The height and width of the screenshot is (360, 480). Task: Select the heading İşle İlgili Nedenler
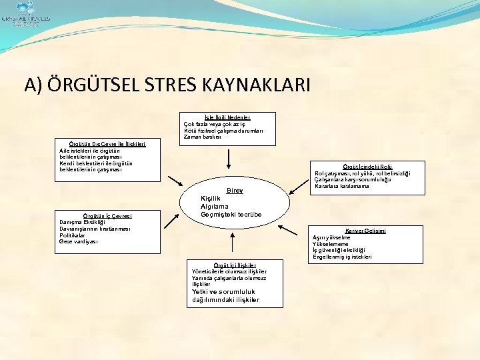coord(227,117)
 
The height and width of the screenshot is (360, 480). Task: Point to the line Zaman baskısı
coord(205,137)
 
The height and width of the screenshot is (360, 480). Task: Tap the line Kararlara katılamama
coord(341,186)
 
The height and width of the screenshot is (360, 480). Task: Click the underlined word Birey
coord(235,191)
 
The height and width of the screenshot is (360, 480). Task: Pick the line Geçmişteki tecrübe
coord(231,215)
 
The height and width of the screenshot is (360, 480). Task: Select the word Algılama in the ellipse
coord(216,207)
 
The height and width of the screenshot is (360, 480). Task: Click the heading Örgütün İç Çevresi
coord(107,215)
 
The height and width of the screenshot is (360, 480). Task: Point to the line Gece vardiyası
coord(79,241)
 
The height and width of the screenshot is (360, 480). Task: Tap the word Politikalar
coord(72,235)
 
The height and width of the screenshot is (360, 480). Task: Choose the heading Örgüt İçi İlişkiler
coord(229,265)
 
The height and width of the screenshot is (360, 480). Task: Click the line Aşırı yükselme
coord(331,237)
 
